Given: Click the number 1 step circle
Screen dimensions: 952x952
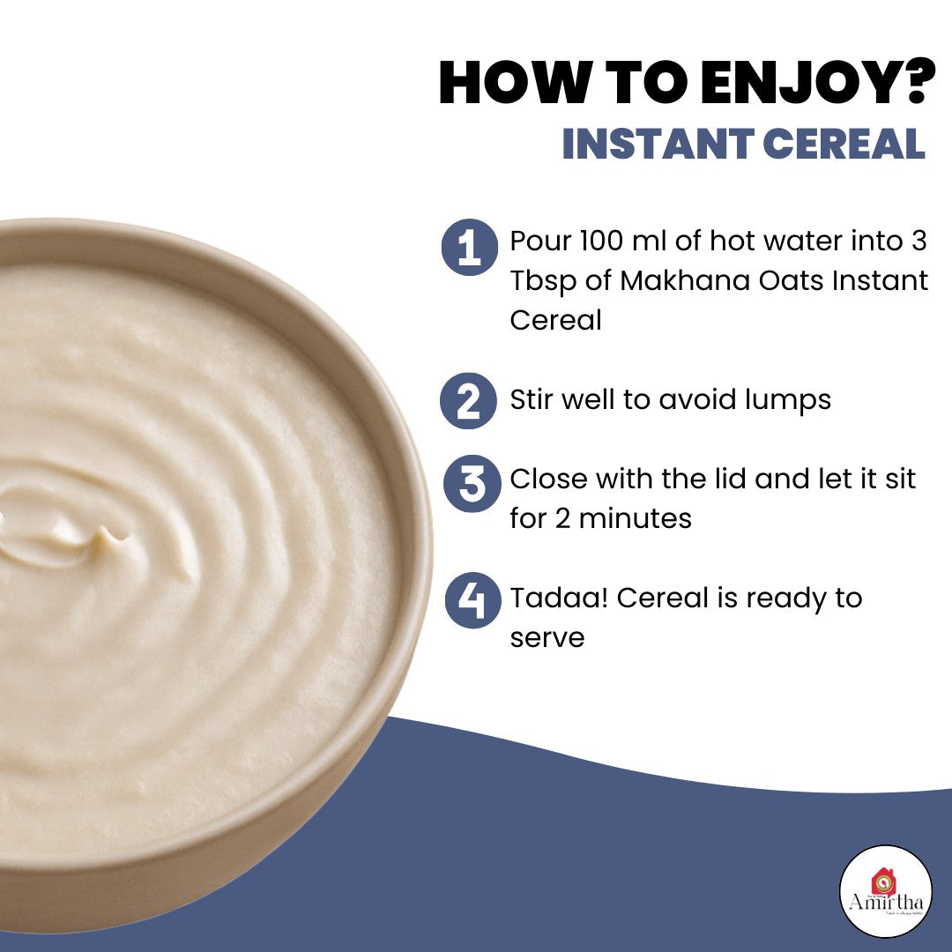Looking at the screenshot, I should coord(470,248).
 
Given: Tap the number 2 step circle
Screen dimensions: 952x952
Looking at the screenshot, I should coord(470,400).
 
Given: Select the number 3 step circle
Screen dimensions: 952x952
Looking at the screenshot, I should coord(472,484).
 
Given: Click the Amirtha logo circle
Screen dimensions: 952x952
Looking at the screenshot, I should coord(886,890).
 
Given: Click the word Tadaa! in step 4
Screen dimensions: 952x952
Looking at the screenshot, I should coord(559,598).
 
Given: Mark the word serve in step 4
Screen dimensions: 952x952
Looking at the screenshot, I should coord(547,637).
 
